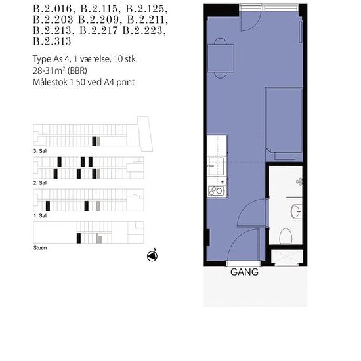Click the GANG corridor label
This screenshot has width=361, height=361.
point(244,272)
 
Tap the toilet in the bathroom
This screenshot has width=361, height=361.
point(286,236)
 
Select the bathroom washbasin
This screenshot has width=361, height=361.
point(296,211)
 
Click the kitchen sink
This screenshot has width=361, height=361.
point(216,166)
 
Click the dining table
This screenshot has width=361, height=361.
point(221,58)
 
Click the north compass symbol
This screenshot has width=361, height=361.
point(152,255)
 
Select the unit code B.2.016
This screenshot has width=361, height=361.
point(53,9)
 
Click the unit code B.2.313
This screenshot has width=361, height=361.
point(52,41)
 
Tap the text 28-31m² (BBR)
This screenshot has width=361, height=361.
point(60,70)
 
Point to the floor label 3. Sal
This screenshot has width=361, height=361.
point(40,151)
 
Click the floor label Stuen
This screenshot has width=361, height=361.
point(40,248)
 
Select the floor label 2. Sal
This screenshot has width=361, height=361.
point(40,183)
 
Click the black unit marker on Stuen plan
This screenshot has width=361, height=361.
point(79,238)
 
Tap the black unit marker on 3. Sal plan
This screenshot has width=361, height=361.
point(94,141)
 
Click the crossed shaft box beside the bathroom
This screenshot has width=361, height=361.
point(287,257)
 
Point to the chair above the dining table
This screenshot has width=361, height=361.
point(221,41)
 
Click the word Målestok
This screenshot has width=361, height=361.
point(50,82)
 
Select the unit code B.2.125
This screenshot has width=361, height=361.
point(146,9)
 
